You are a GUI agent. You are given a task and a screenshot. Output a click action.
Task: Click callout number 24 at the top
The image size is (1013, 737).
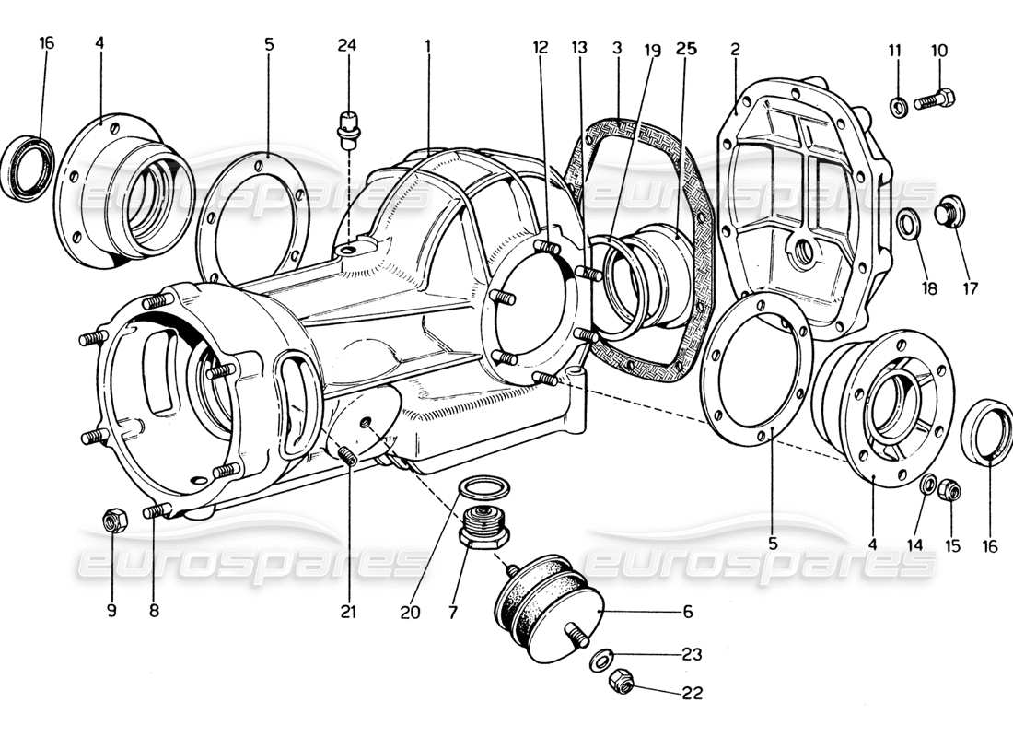point(346,45)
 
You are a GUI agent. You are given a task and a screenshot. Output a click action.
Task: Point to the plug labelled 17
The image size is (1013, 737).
point(949,211)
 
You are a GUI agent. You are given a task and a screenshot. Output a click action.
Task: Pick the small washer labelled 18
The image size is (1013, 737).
point(907,223)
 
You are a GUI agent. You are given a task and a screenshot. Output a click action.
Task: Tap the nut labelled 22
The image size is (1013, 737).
point(620,682)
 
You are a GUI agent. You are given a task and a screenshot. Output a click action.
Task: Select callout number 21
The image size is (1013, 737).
point(347,611)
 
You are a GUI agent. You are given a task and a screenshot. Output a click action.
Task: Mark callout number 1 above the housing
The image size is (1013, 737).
point(428,45)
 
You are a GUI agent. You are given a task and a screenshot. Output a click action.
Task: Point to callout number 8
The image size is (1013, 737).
point(154,610)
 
